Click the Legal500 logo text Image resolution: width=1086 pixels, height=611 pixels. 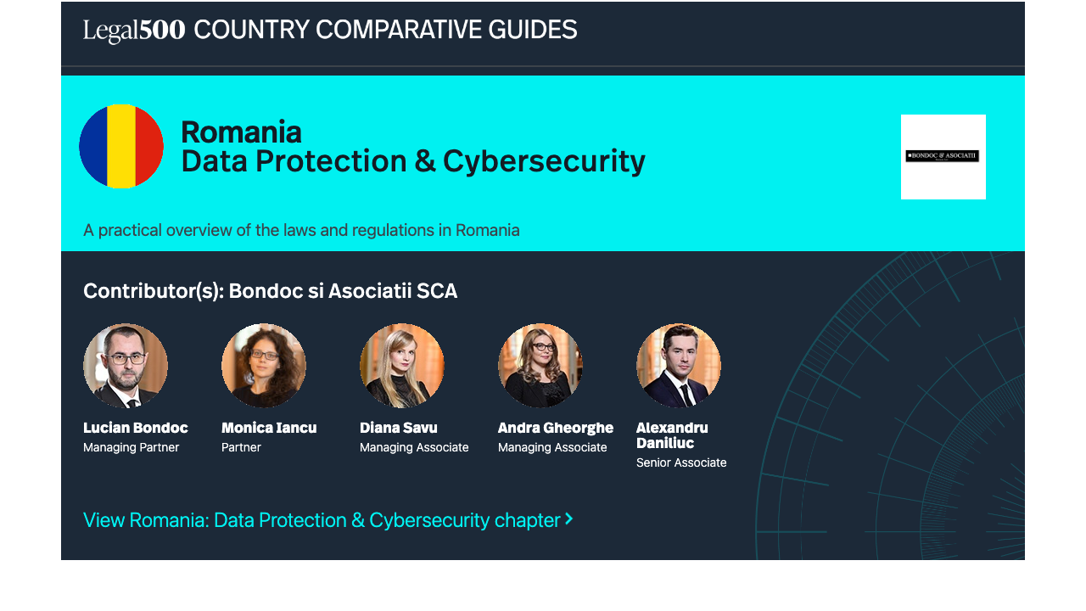(x=134, y=30)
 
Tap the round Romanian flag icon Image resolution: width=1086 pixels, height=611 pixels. (x=121, y=146)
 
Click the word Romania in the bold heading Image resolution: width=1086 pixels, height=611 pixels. (x=242, y=132)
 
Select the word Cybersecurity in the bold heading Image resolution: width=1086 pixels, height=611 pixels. (x=544, y=162)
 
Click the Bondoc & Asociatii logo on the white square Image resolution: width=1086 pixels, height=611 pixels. (x=943, y=155)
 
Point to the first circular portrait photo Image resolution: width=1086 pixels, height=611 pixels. (x=126, y=366)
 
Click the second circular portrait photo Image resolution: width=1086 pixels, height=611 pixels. (x=264, y=366)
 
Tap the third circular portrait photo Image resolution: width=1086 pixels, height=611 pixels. (x=402, y=366)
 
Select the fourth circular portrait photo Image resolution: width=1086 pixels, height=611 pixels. (x=540, y=366)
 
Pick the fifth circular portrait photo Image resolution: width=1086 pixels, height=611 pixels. (x=679, y=366)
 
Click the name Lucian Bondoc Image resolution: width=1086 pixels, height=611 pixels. (x=136, y=428)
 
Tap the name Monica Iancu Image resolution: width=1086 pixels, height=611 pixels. (x=269, y=428)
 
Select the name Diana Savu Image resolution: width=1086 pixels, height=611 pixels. (x=399, y=428)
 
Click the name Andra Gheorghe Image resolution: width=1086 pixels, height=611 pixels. (x=556, y=429)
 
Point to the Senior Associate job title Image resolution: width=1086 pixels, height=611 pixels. (x=681, y=462)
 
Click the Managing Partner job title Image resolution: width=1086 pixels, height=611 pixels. (x=131, y=447)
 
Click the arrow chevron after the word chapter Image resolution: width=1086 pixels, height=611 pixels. (x=568, y=519)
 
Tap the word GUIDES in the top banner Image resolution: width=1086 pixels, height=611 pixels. (x=532, y=30)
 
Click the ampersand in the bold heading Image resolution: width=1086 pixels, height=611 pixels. (x=425, y=161)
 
